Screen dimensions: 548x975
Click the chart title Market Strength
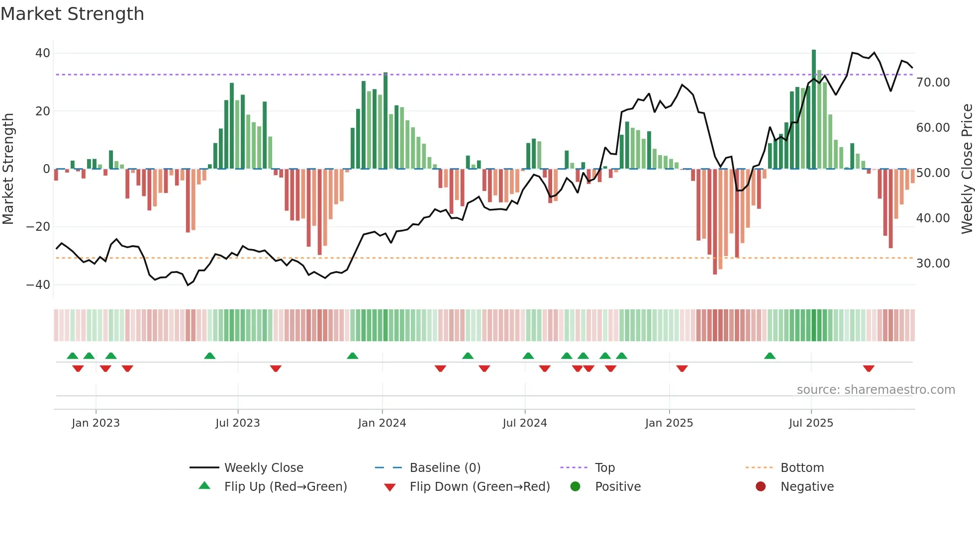[72, 14]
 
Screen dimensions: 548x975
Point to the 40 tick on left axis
[43, 53]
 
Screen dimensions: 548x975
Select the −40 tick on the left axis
[38, 285]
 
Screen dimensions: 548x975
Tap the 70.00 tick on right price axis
[933, 83]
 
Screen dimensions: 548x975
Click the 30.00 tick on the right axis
[933, 264]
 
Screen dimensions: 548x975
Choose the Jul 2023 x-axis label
[238, 423]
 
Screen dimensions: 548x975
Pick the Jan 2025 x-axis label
[669, 423]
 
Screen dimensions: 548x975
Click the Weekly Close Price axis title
[967, 169]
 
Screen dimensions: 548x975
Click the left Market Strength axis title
[8, 169]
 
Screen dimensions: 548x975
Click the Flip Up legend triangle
[204, 486]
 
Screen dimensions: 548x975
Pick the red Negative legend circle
[761, 486]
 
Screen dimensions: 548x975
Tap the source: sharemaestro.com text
[876, 390]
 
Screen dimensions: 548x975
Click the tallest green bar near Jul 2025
[814, 109]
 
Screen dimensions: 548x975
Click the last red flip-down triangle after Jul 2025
[869, 368]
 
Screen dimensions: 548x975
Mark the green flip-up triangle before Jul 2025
[770, 356]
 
